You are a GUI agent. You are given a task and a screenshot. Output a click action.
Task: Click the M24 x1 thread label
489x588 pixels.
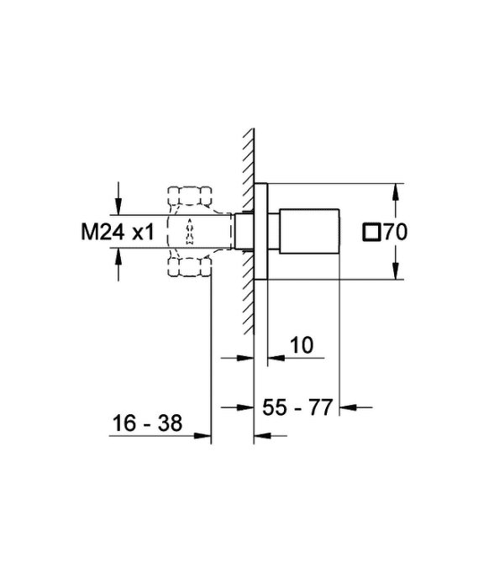pos(118,232)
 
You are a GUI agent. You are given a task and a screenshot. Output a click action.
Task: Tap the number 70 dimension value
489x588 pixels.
pos(395,232)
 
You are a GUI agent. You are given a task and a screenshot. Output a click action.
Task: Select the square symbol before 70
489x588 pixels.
pos(371,232)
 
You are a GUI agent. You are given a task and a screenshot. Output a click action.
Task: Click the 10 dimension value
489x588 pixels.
pos(302,345)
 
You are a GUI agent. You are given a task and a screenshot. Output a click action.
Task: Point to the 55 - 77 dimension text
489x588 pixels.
pos(297,407)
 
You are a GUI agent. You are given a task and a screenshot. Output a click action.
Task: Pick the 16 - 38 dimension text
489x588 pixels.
pos(147,423)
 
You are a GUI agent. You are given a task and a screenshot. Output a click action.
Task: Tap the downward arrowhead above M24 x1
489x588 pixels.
pos(118,207)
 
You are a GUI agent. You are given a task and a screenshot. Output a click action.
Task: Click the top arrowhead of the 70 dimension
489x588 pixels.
pos(396,192)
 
